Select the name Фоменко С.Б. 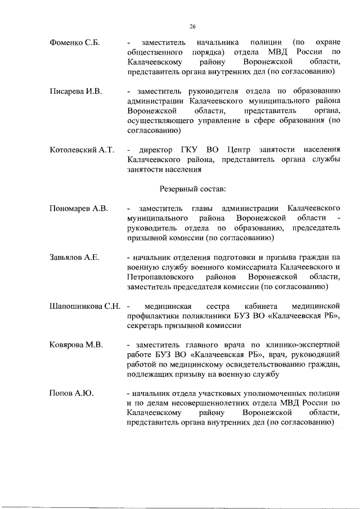75,42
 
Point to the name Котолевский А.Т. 82,150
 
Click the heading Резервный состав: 191,188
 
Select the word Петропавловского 160,277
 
